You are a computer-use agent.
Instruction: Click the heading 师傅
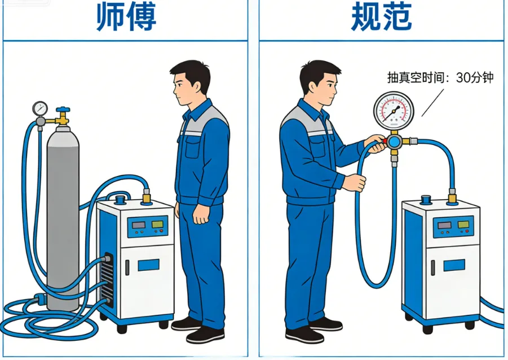pyautogui.click(x=126, y=16)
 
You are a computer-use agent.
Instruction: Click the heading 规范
pyautogui.click(x=381, y=16)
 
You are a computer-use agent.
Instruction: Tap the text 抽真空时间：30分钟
pyautogui.click(x=440, y=78)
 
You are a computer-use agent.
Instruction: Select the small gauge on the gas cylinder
pyautogui.click(x=40, y=109)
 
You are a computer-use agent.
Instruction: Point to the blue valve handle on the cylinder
pyautogui.click(x=63, y=109)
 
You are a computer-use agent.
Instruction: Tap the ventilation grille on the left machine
pyautogui.click(x=108, y=279)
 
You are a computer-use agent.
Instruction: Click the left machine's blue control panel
pyautogui.click(x=148, y=226)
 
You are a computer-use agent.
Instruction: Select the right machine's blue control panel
pyautogui.click(x=453, y=226)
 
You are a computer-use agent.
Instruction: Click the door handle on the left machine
pyautogui.click(x=127, y=267)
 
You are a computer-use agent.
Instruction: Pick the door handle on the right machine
pyautogui.click(x=433, y=268)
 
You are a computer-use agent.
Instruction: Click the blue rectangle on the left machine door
pyautogui.click(x=148, y=265)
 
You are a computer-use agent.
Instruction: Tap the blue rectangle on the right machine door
pyautogui.click(x=454, y=265)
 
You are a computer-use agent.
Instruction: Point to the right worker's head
pyautogui.click(x=320, y=83)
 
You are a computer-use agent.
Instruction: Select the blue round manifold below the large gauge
pyautogui.click(x=394, y=142)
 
